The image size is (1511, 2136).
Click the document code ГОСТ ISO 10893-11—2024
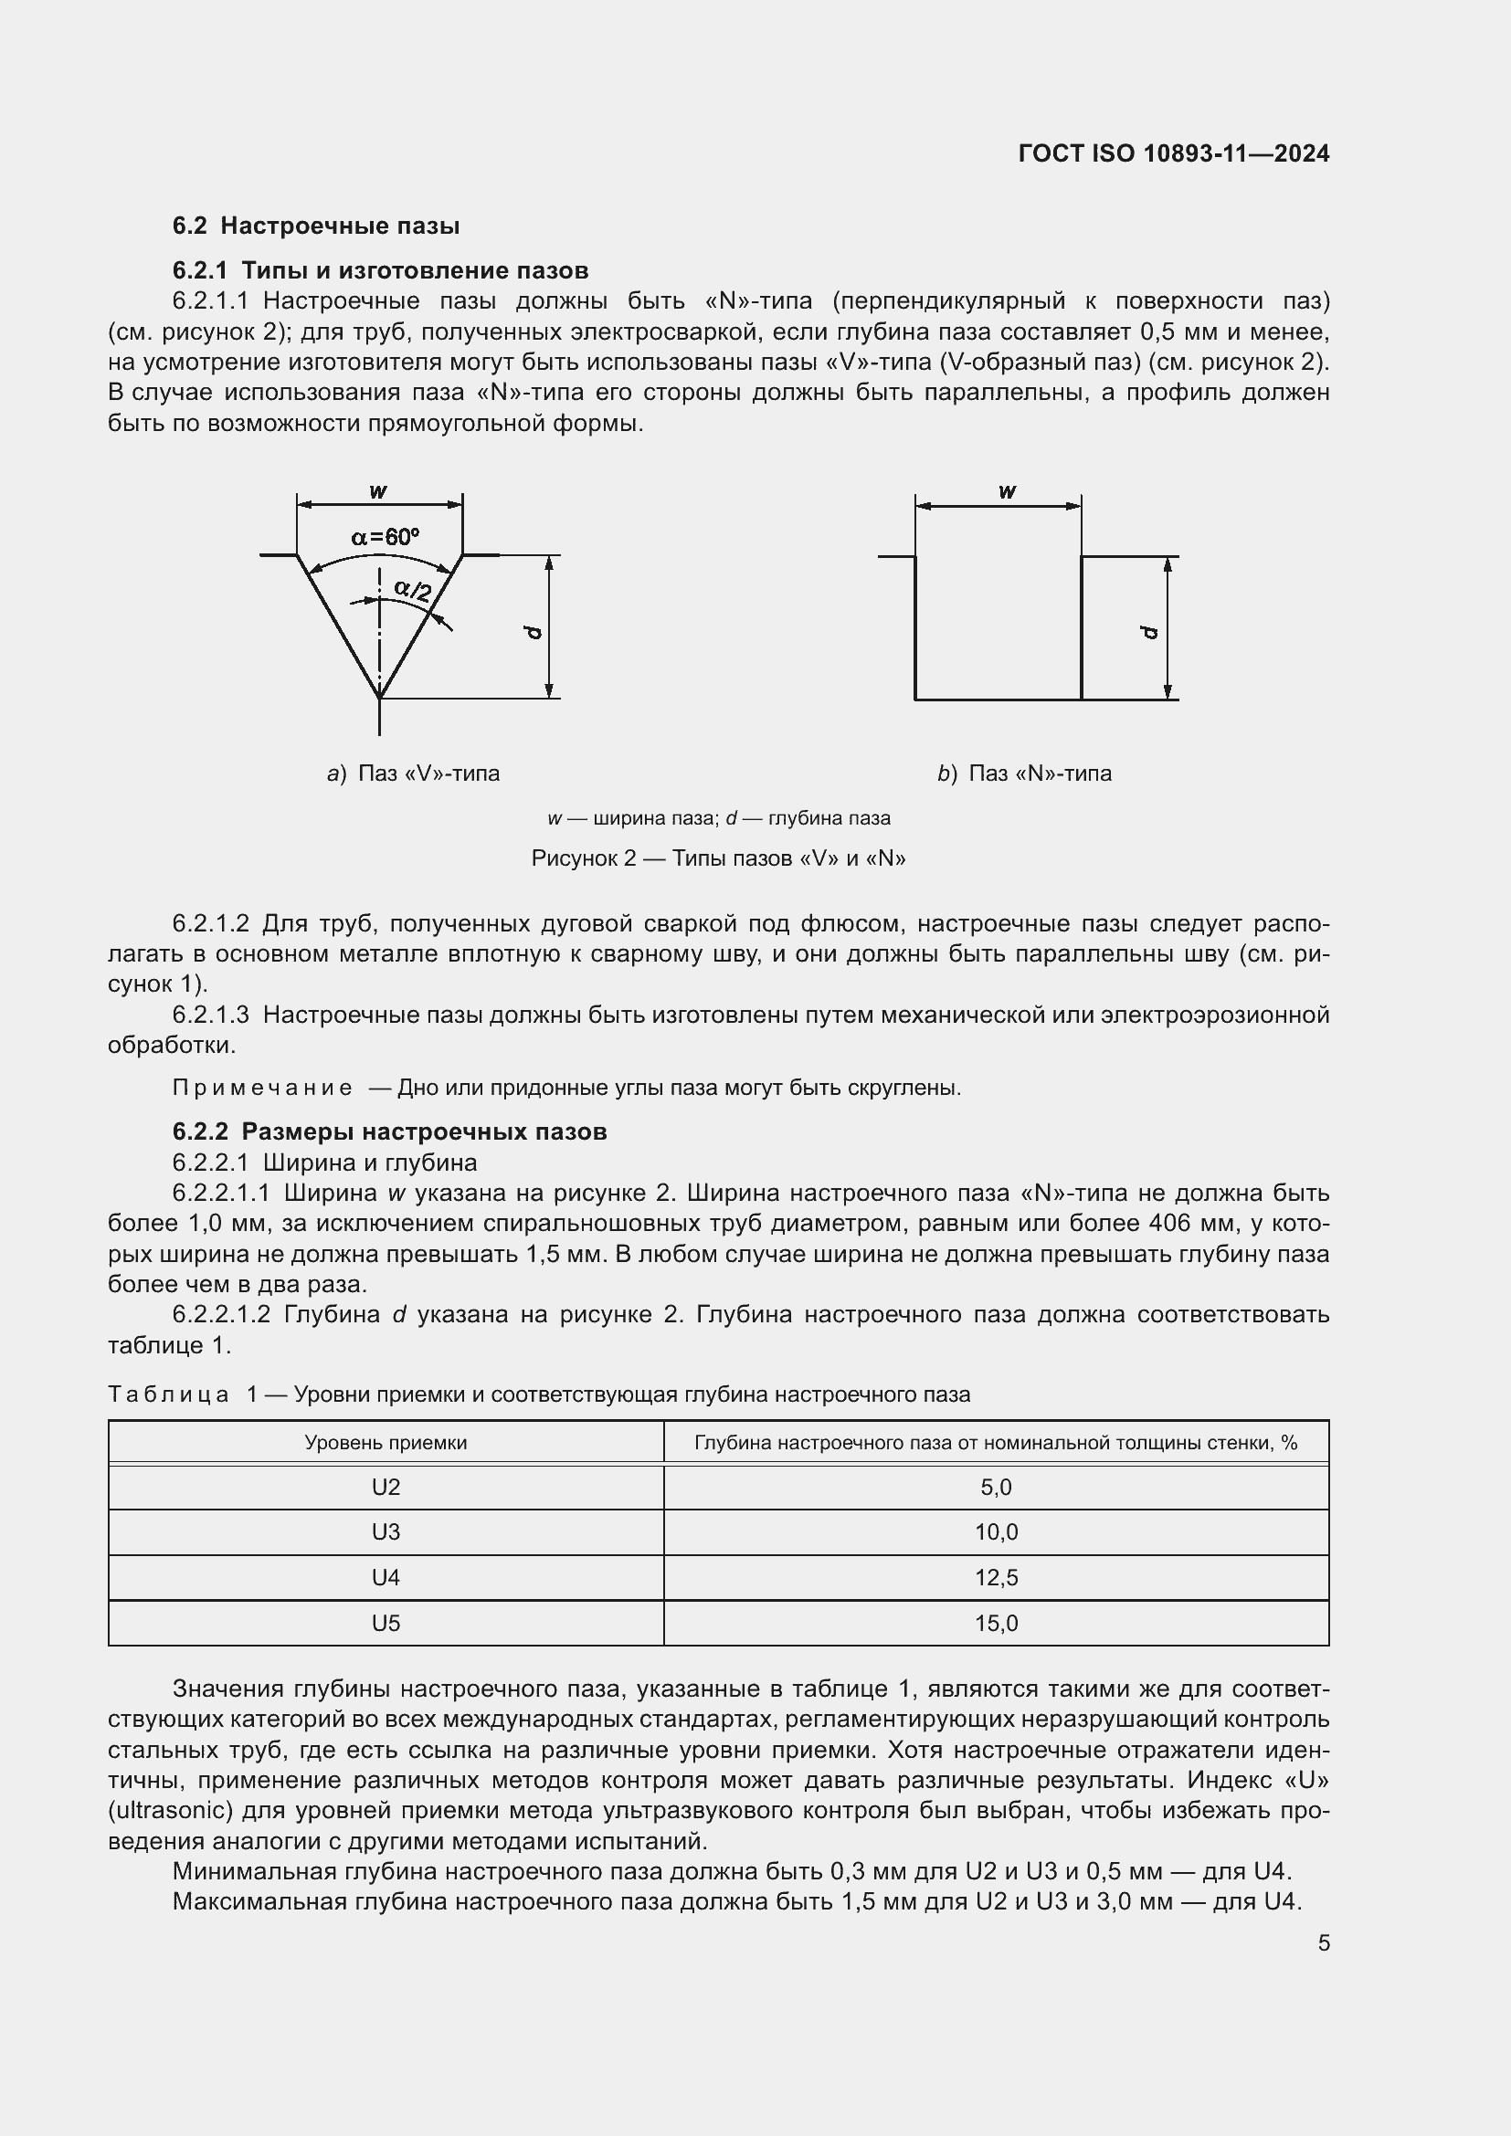point(1173,153)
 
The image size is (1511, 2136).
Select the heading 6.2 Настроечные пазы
point(315,226)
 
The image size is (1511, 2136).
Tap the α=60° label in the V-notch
point(386,537)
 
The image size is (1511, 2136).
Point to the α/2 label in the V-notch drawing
point(412,590)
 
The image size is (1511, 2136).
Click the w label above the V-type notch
point(378,491)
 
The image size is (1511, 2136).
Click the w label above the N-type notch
point(1007,491)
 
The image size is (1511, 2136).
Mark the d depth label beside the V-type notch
point(534,633)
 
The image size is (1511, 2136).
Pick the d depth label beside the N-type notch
point(1150,633)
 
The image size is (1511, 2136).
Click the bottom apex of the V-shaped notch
point(380,697)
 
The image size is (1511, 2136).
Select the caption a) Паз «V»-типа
point(413,773)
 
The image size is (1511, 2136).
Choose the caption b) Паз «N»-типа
point(1023,773)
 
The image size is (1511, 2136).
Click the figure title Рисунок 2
point(717,858)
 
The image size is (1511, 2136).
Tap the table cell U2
point(386,1487)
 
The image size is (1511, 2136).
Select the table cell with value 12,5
point(996,1577)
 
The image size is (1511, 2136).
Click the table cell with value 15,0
point(996,1624)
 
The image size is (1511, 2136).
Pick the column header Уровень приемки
point(386,1442)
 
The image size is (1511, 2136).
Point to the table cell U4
point(386,1577)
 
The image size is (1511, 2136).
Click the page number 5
point(1323,1943)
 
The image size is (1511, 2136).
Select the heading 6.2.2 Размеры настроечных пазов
point(389,1131)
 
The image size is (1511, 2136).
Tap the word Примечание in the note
point(262,1088)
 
